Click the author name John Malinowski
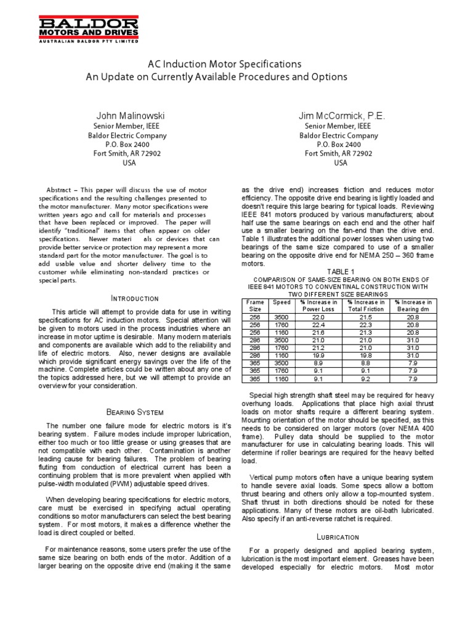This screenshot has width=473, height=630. click(x=130, y=116)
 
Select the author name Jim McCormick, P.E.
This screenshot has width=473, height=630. click(x=341, y=116)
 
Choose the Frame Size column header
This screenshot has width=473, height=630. click(x=254, y=306)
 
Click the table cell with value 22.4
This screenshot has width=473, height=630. click(x=318, y=325)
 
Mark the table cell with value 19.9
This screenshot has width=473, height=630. click(x=318, y=355)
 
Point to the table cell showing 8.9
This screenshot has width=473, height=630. click(x=318, y=362)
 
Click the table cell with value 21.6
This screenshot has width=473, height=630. click(x=318, y=332)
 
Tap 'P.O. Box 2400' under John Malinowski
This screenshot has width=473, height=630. click(x=129, y=145)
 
